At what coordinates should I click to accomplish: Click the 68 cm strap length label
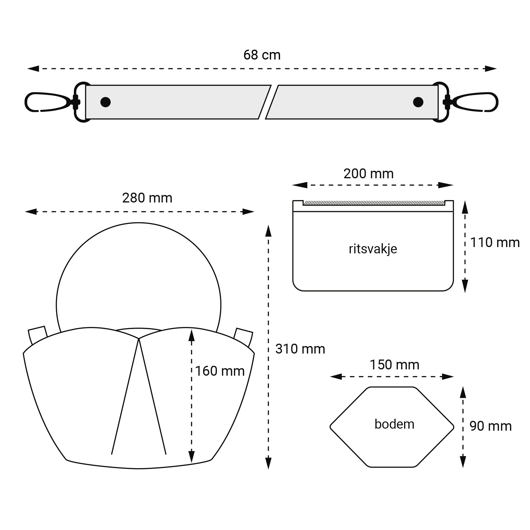[x=262, y=55]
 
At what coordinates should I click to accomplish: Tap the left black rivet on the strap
[x=105, y=102]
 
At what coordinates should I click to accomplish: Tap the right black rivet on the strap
[x=418, y=102]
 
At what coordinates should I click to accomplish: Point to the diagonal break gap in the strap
[x=268, y=102]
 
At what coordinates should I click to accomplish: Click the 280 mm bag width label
[x=147, y=198]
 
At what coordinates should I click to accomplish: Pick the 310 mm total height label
[x=300, y=349]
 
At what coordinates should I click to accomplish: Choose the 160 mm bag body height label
[x=220, y=371]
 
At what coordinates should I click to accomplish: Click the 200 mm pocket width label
[x=368, y=174]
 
